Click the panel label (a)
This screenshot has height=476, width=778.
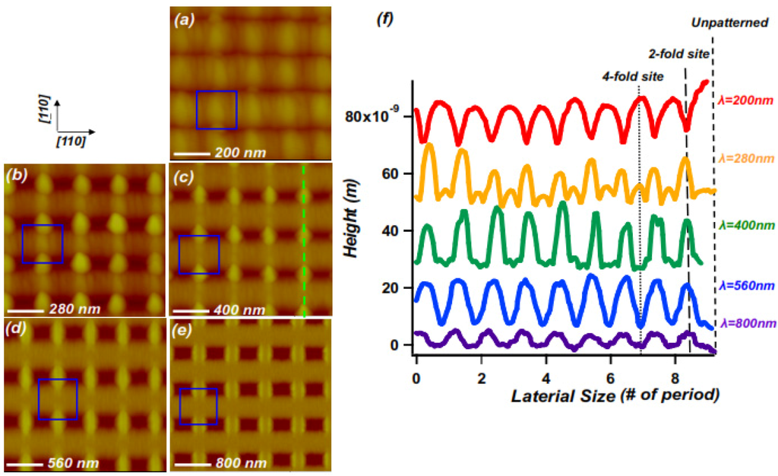pyautogui.click(x=184, y=21)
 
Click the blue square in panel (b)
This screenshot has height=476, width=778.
pyautogui.click(x=43, y=243)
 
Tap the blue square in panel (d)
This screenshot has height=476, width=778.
pyautogui.click(x=57, y=399)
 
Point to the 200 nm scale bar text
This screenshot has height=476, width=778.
pyautogui.click(x=240, y=153)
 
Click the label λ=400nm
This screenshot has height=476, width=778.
pyautogui.click(x=745, y=226)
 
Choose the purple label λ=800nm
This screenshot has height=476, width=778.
pyautogui.click(x=745, y=323)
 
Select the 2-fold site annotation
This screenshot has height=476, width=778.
pyautogui.click(x=678, y=54)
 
